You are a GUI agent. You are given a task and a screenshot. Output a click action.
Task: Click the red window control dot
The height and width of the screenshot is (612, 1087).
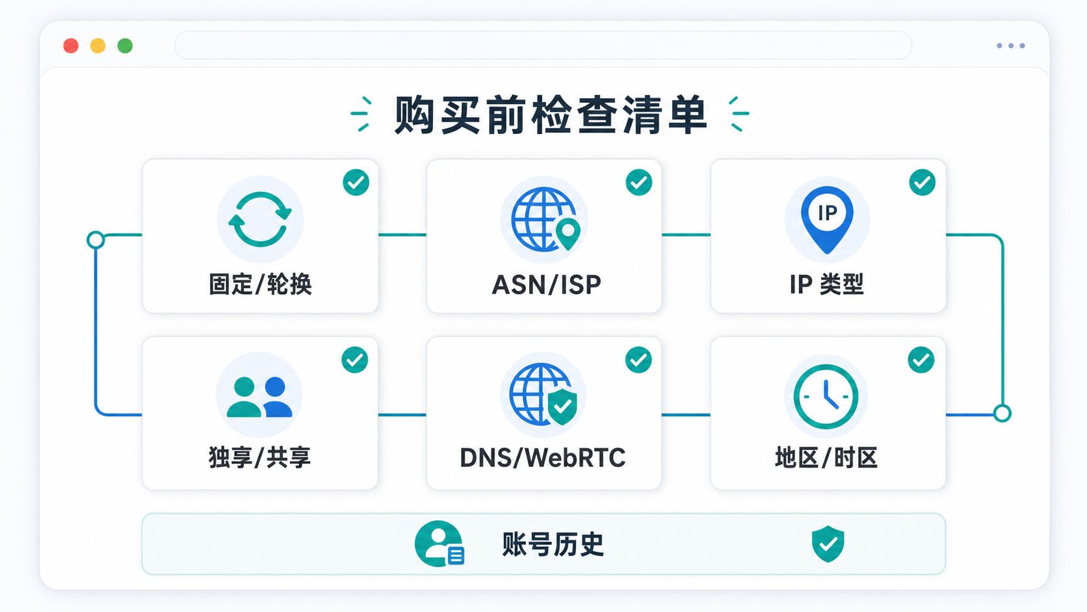(71, 46)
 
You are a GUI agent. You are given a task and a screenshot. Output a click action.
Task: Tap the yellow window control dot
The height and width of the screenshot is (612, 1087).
(98, 46)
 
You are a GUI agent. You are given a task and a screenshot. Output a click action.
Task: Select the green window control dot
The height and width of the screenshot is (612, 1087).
(125, 46)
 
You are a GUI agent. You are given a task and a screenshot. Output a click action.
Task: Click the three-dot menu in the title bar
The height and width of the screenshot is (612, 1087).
(1011, 46)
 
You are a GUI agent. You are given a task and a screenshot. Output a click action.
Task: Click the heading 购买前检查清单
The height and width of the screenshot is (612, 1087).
(550, 114)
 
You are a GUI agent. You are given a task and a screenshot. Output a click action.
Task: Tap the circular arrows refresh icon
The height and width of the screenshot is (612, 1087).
(260, 219)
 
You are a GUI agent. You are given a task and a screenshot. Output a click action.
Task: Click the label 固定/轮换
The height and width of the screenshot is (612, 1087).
(260, 284)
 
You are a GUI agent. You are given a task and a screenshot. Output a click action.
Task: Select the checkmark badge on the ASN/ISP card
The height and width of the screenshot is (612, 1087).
(638, 183)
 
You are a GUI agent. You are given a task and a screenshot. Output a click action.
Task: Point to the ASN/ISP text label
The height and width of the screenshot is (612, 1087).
(546, 284)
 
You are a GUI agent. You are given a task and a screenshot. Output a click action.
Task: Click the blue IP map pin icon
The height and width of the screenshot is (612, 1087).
(827, 219)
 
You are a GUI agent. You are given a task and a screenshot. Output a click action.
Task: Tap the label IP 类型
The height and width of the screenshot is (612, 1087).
(827, 284)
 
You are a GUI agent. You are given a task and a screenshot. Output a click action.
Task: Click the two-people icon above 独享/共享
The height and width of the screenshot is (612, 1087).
(259, 397)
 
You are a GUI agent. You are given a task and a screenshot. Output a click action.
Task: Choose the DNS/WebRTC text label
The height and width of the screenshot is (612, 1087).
(543, 458)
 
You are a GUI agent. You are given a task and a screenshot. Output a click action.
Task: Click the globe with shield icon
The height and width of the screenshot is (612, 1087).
(543, 394)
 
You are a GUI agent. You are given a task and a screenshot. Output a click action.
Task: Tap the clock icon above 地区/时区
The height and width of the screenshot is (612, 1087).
(826, 397)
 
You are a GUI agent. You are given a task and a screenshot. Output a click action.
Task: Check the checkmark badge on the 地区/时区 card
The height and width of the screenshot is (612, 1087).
(921, 360)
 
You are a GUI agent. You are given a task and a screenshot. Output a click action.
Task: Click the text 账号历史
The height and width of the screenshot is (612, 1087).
(553, 544)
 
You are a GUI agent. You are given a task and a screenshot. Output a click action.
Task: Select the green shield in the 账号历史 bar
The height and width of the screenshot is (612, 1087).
(828, 544)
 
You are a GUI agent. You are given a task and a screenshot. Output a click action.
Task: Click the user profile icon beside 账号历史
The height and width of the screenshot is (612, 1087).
(439, 544)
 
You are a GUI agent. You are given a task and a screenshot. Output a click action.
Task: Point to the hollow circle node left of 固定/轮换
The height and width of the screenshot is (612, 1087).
(96, 240)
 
